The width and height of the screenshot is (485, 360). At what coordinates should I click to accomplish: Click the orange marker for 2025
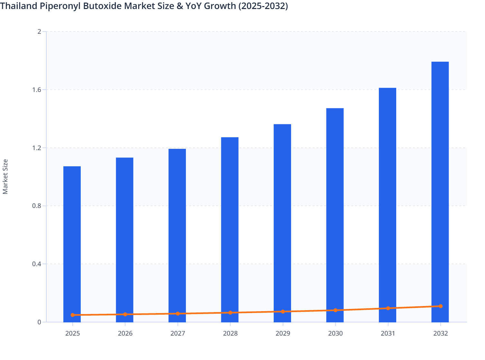(73, 315)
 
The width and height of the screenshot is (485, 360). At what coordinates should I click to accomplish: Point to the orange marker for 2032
(440, 306)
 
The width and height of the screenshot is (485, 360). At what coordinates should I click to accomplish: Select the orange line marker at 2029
(283, 311)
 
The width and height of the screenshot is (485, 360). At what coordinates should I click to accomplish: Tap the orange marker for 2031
(388, 308)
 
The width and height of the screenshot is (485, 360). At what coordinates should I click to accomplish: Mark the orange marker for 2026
(125, 314)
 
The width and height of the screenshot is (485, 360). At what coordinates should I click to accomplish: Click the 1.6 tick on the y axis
(37, 90)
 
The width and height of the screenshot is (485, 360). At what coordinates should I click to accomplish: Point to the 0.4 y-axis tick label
(37, 264)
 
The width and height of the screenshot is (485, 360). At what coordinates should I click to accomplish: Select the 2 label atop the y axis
(39, 32)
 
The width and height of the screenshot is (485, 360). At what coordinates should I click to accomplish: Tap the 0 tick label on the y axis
(39, 322)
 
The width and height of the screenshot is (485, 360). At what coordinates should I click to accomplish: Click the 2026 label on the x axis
(125, 334)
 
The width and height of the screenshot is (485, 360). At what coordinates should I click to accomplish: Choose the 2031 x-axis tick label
(388, 334)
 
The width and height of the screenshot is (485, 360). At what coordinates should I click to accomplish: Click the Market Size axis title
(5, 177)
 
